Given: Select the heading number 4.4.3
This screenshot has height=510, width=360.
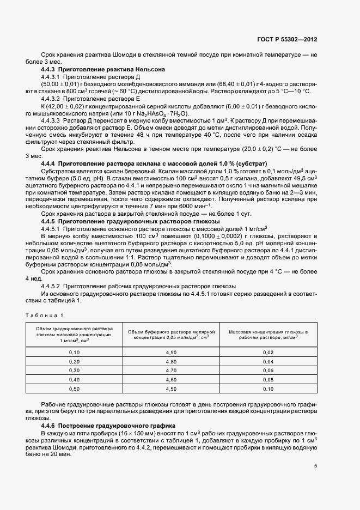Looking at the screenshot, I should pyautogui.click(x=51, y=70).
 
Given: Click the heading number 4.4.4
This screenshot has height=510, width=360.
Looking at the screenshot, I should pyautogui.click(x=51, y=163).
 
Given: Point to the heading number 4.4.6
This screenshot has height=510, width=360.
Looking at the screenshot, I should pyautogui.click(x=51, y=425).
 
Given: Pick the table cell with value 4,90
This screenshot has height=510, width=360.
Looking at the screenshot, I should pyautogui.click(x=172, y=353).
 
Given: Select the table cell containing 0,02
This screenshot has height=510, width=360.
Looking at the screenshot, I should pyautogui.click(x=267, y=353).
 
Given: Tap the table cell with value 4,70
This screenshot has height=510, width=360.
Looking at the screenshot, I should pyautogui.click(x=172, y=371).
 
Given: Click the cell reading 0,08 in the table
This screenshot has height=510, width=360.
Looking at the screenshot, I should pyautogui.click(x=267, y=379).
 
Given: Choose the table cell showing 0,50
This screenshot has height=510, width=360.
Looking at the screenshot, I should pyautogui.click(x=74, y=388).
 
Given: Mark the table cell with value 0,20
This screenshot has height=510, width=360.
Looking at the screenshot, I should pyautogui.click(x=74, y=362).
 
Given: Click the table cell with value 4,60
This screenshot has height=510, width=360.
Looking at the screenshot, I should pyautogui.click(x=172, y=379).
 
